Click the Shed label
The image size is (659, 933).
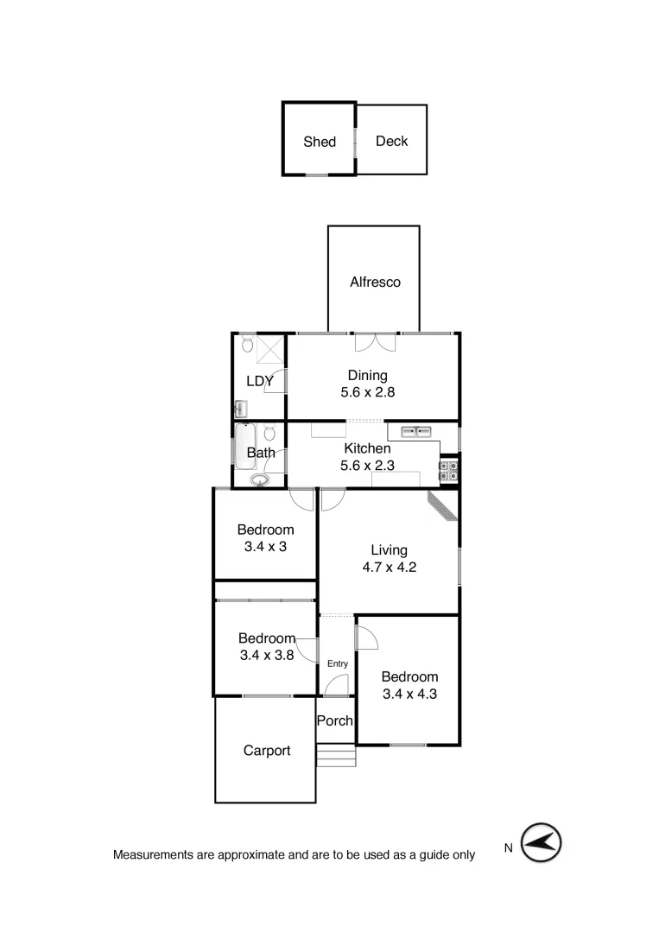(x=320, y=142)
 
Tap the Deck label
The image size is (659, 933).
(x=391, y=141)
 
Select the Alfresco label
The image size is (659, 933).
(x=375, y=282)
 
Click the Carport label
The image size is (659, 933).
(x=267, y=751)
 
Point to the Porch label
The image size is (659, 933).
(x=334, y=720)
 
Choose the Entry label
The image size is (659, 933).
(x=337, y=663)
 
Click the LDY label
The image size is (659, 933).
(x=259, y=380)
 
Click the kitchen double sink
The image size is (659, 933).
(x=415, y=431)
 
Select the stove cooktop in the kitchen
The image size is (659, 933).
(x=449, y=471)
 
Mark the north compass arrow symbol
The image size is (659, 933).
(x=542, y=842)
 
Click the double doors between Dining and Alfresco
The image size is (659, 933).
(x=376, y=342)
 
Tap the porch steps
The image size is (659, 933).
(x=337, y=757)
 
